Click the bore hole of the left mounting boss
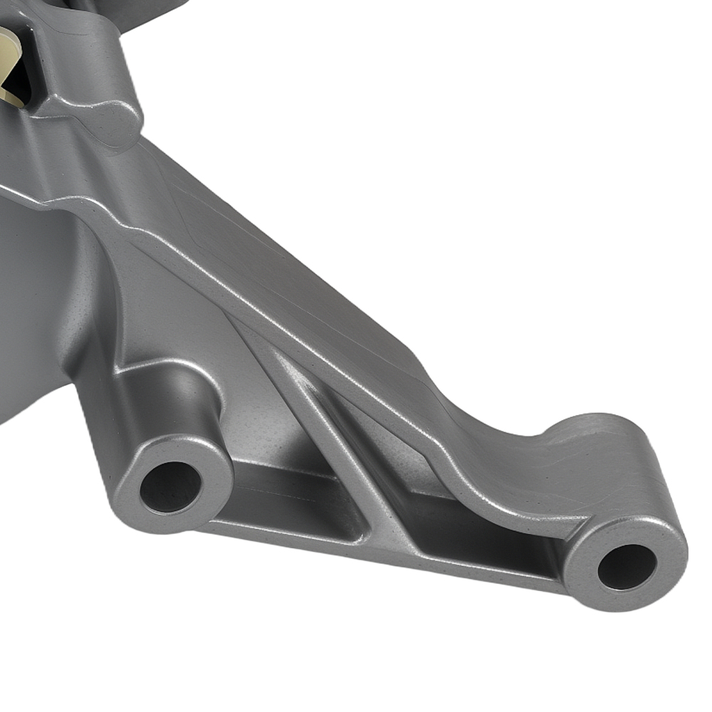pyautogui.click(x=171, y=487)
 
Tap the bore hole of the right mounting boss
pyautogui.click(x=627, y=566)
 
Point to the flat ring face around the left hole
pyautogui.click(x=206, y=463)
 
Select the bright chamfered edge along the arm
pyautogui.click(x=299, y=299)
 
